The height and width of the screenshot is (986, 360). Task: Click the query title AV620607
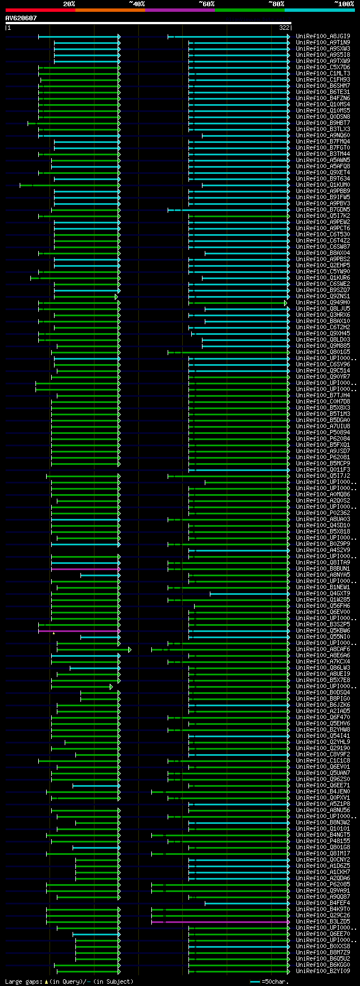(21, 18)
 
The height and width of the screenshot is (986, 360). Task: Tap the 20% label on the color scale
(69, 4)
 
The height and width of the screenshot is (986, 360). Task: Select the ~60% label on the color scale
(206, 4)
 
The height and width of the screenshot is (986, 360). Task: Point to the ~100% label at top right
(344, 4)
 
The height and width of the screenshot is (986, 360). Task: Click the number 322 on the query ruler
(284, 28)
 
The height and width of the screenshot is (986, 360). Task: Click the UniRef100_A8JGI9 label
(323, 36)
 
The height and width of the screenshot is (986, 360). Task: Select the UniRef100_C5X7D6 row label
(323, 67)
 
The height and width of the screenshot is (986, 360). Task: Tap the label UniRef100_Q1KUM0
(323, 185)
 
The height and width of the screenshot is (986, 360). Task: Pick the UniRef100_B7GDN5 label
(323, 209)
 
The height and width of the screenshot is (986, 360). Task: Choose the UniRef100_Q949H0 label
(323, 302)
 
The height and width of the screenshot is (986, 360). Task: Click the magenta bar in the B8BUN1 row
(85, 569)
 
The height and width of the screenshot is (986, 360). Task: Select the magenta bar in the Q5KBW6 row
(78, 631)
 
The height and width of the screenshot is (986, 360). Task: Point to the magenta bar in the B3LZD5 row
(219, 922)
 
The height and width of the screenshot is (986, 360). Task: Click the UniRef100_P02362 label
(323, 513)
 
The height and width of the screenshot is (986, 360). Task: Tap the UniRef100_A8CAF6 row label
(323, 649)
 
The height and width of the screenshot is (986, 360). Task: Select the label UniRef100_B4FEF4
(323, 903)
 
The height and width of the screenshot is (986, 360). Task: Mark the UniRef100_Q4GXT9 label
(323, 593)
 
